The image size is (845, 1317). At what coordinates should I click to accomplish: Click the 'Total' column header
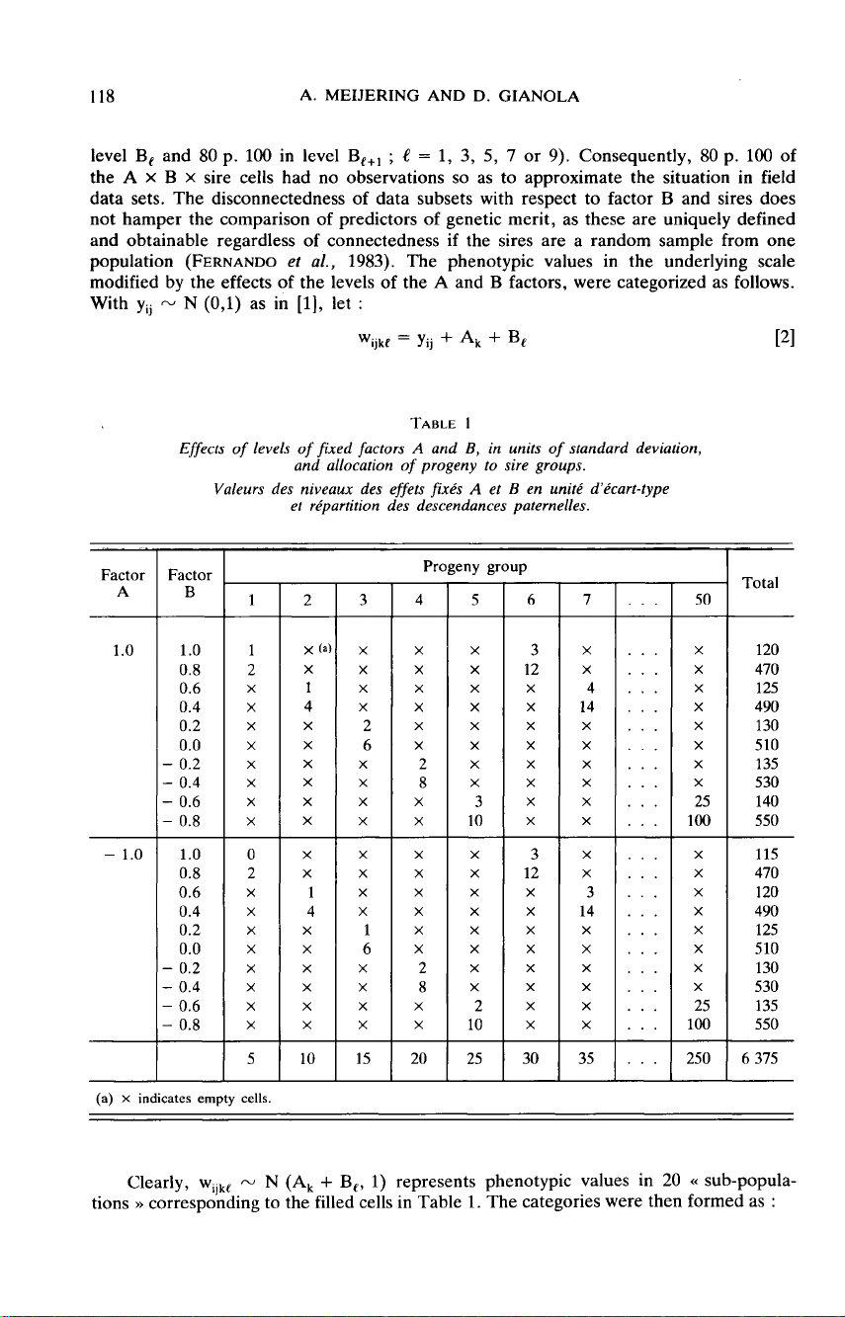click(x=760, y=583)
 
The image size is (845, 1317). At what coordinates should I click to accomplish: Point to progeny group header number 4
click(x=422, y=599)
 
